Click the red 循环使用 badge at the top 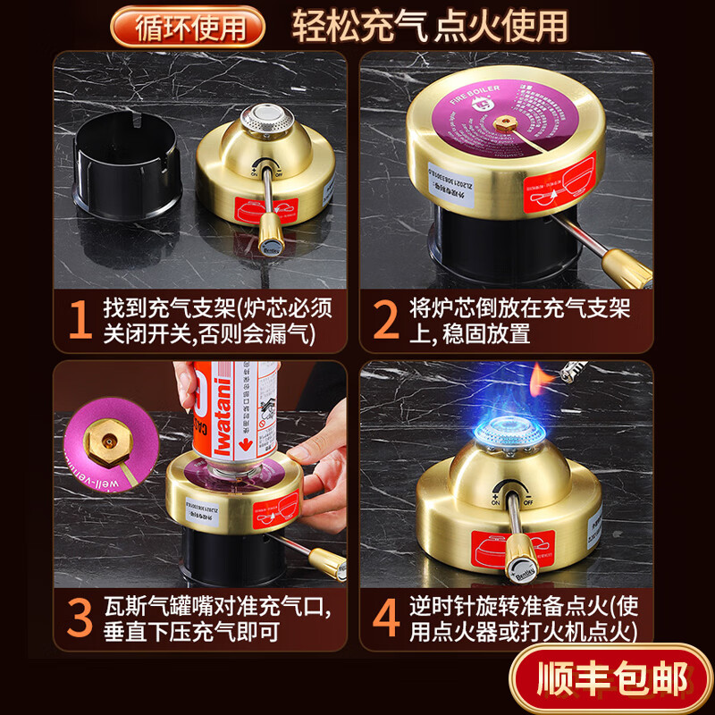(x=188, y=26)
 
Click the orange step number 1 (x=81, y=320)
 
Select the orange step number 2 (x=386, y=320)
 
